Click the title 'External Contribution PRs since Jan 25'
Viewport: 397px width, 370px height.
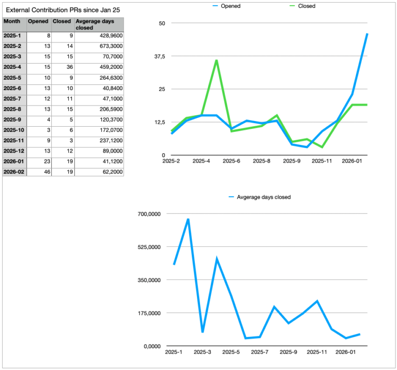click(x=64, y=9)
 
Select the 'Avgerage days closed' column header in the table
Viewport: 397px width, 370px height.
click(x=98, y=24)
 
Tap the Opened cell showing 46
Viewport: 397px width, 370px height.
click(x=39, y=172)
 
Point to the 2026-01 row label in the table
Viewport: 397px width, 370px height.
click(x=14, y=161)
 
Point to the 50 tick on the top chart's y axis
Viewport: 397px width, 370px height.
click(x=162, y=23)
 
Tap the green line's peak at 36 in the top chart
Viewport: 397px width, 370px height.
click(x=216, y=60)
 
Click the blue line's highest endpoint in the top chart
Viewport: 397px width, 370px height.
click(x=367, y=34)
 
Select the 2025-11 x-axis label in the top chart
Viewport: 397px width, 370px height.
click(x=322, y=161)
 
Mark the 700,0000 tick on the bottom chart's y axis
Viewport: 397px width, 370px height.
click(x=149, y=214)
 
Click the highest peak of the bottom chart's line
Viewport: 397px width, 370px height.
click(x=188, y=219)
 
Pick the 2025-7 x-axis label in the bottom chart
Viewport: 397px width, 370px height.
click(x=259, y=352)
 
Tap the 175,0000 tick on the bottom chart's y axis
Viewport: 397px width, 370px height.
click(x=149, y=313)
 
